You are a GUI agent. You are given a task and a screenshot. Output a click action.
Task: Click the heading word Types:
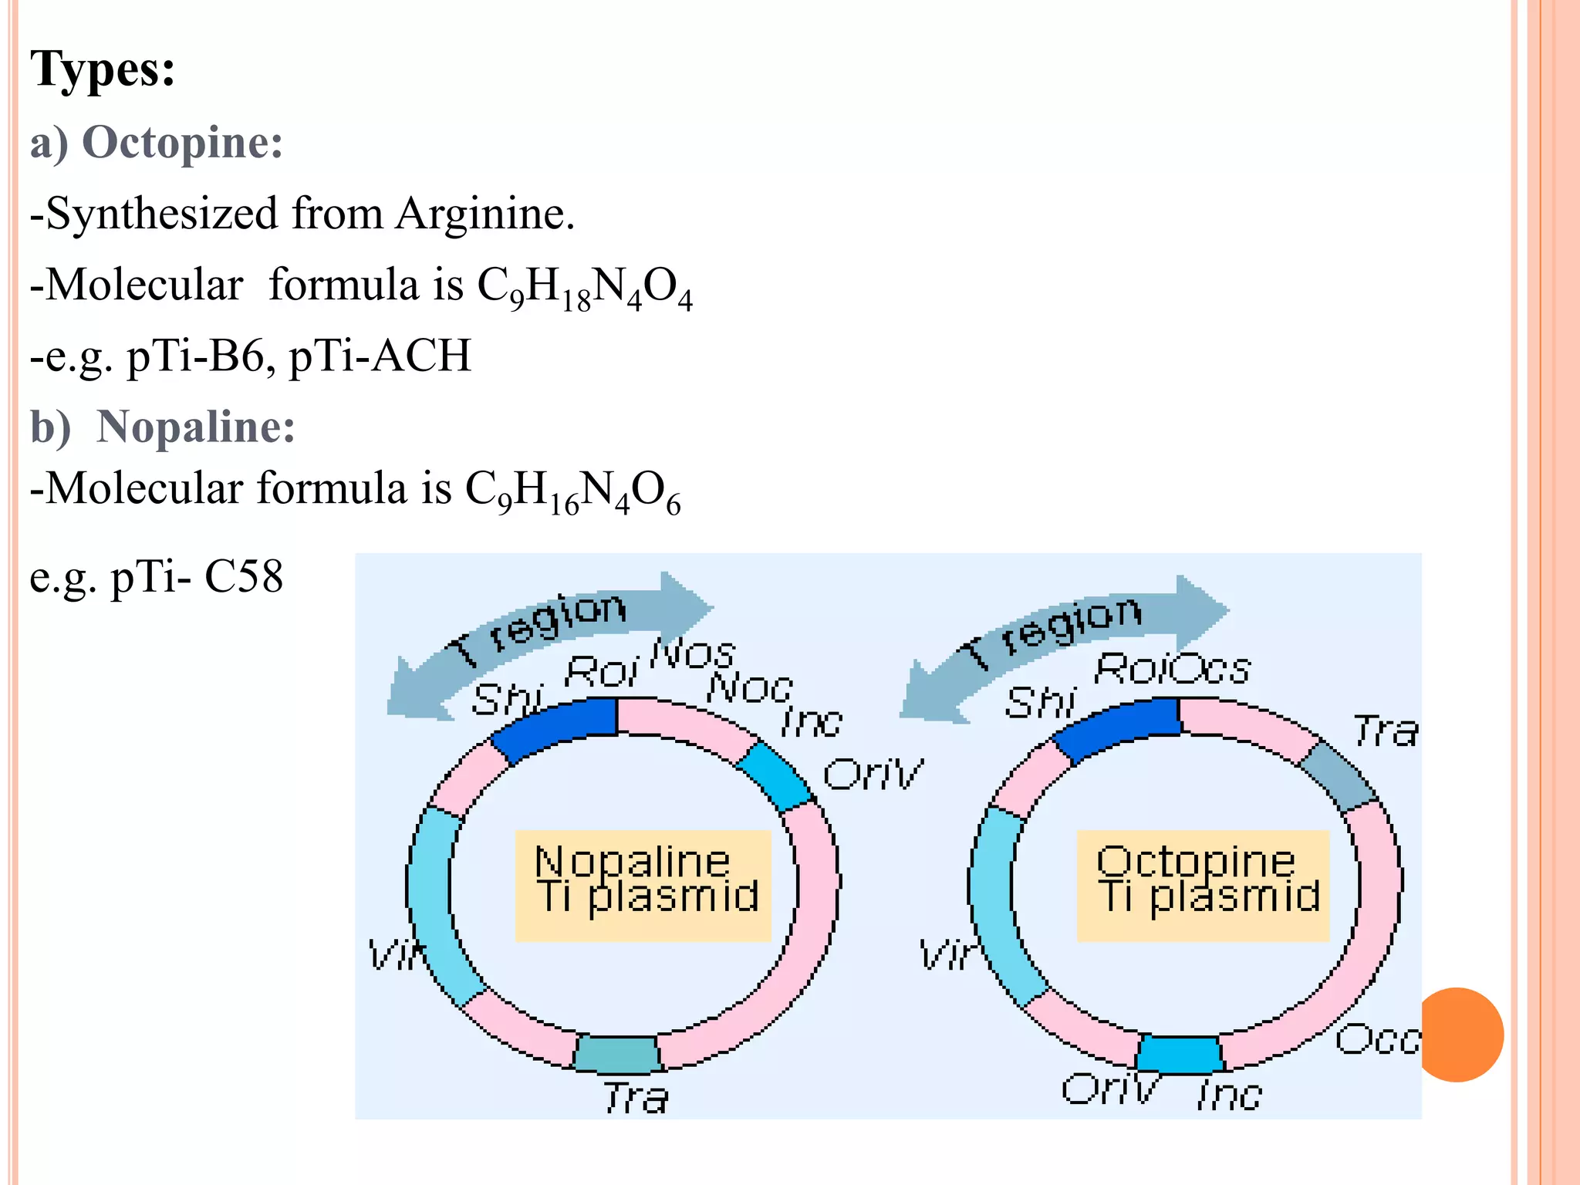pos(103,69)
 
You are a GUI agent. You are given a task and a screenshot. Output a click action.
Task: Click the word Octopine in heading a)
pos(182,143)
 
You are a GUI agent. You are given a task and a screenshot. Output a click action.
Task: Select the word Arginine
pos(484,214)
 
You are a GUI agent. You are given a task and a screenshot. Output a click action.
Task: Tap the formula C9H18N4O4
pos(585,287)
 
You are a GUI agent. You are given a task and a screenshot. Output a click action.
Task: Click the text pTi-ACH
pos(380,356)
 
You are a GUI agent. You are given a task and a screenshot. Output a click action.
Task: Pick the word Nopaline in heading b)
pos(195,427)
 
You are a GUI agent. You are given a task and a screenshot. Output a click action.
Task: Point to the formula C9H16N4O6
pos(572,491)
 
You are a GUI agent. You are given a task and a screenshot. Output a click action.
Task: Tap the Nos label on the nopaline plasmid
pos(692,653)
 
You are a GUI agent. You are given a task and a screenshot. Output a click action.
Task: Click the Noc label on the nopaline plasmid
pos(749,687)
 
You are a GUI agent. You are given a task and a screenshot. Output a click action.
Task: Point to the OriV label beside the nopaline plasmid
pos(873,773)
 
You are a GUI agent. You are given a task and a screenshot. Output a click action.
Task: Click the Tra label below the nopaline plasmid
pos(636,1097)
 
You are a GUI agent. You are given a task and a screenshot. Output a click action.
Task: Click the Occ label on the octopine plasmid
pos(1377,1039)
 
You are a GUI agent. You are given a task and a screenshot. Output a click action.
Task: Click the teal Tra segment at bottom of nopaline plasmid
pos(617,1054)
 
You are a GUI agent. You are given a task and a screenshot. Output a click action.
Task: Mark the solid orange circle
pos(1460,1035)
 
